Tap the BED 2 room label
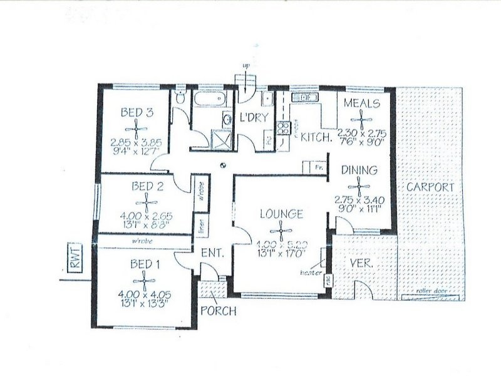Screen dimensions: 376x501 [x=147, y=186]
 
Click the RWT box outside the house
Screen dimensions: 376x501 [x=75, y=259]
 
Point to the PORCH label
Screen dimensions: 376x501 [x=215, y=310]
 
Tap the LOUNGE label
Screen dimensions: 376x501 [x=282, y=214]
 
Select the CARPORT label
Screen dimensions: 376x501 [x=428, y=187]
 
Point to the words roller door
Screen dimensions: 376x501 [x=432, y=293]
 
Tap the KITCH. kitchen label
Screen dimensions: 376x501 [x=316, y=137]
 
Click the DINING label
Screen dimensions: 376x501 [x=359, y=169]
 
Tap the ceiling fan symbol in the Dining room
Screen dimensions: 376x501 [x=359, y=184]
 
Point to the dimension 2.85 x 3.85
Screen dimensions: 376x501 [x=136, y=142]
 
